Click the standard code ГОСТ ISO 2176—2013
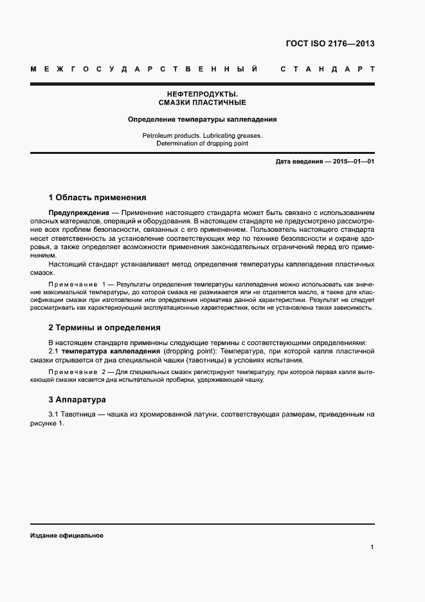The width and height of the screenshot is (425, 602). pos(329,44)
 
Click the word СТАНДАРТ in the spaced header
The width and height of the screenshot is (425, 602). pos(327,68)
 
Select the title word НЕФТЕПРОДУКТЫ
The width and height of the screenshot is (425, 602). pos(202,94)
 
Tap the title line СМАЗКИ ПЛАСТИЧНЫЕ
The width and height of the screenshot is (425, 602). pos(202,102)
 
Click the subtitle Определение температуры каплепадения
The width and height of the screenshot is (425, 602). pos(202,119)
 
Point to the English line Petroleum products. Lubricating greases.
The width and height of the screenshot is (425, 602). pos(202,136)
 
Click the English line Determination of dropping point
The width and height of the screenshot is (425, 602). pos(202,144)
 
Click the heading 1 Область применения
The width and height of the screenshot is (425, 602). pos(98,198)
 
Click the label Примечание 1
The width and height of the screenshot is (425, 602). pos(77,284)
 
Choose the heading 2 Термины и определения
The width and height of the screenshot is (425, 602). pos(105,328)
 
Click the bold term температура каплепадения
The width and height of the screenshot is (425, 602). pos(111,352)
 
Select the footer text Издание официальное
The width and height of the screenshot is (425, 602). pos(66,536)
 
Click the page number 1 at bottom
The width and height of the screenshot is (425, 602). pos(372,547)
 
